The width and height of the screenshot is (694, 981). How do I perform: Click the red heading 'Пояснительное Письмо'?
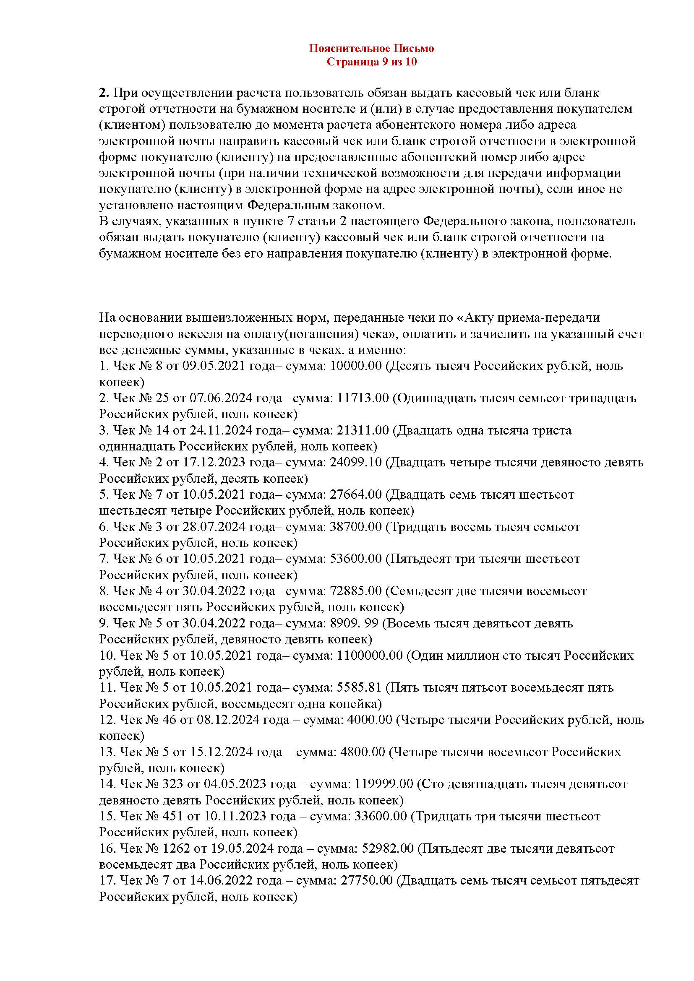(371, 48)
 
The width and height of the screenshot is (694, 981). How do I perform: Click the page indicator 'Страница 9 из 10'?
(371, 62)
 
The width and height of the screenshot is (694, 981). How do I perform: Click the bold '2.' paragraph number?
(104, 93)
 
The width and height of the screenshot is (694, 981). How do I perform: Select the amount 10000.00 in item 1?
(356, 366)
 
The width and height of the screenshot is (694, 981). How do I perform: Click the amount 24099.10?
(356, 462)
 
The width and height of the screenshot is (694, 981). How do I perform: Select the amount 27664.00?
(356, 494)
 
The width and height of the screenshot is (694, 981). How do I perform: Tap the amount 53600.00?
(356, 558)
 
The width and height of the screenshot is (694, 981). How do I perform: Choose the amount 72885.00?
(356, 591)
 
